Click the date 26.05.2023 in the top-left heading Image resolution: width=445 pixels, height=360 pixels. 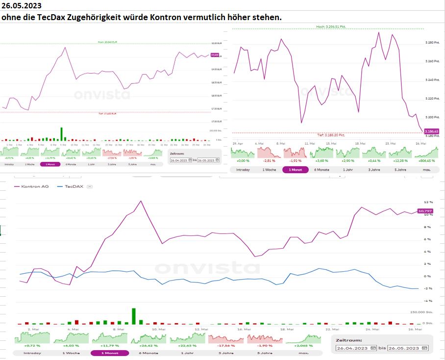click(21, 6)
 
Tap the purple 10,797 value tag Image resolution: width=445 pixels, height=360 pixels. click(424, 211)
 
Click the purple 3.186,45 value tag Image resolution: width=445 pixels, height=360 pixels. click(432, 131)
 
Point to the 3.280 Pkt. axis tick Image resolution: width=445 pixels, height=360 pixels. click(433, 43)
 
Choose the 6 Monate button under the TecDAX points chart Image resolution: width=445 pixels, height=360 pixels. click(321, 169)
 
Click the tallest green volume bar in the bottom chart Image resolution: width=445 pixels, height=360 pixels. click(133, 316)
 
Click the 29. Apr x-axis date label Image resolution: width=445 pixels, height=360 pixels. click(238, 143)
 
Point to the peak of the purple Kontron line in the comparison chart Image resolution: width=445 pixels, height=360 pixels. click(141, 201)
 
